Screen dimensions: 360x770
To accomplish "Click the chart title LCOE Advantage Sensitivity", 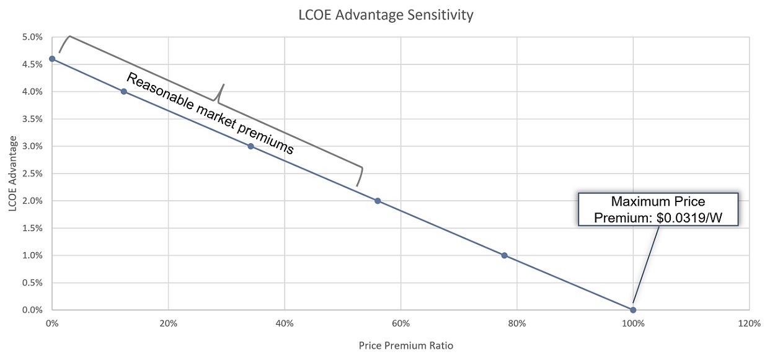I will (377, 15).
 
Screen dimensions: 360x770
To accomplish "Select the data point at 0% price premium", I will (52, 59).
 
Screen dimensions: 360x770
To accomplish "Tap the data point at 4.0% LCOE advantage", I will (124, 92).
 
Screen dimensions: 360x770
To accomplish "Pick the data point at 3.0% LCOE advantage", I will (250, 146).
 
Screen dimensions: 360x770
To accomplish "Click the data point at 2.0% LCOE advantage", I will (378, 201).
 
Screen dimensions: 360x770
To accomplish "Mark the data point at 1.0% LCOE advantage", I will (504, 255).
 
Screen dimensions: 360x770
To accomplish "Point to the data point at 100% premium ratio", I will (633, 310).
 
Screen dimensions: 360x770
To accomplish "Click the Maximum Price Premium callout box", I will (658, 209).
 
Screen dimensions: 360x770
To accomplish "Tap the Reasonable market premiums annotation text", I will (210, 113).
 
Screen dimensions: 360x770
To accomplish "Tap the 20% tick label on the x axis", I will (168, 323).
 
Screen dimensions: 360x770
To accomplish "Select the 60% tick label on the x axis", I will (400, 323).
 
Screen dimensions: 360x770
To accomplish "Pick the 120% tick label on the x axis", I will (749, 323).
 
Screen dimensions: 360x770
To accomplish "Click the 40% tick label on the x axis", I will (285, 323).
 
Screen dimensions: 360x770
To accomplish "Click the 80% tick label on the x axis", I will (516, 323).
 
